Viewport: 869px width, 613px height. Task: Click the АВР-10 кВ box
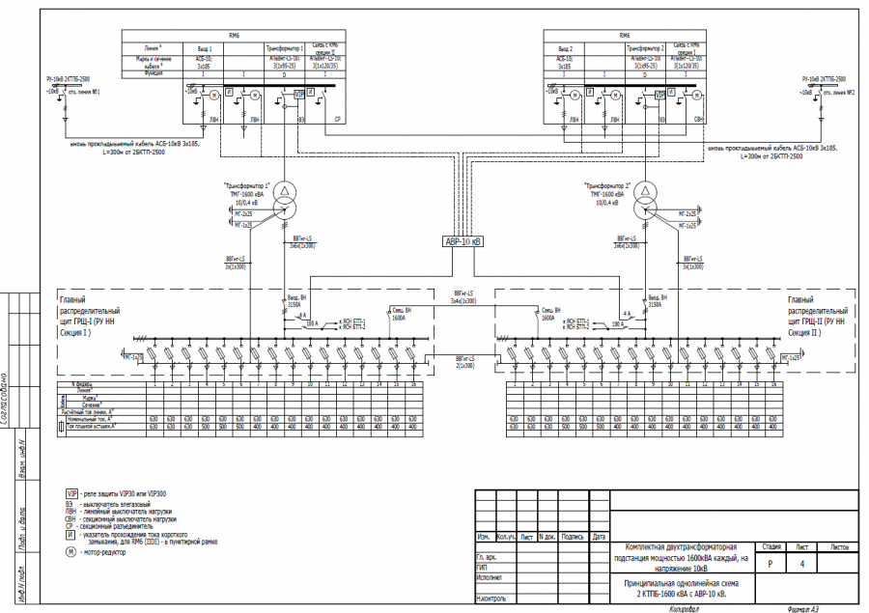point(463,242)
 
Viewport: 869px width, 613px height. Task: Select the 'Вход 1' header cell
point(203,47)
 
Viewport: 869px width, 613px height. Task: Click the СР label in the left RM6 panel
point(337,120)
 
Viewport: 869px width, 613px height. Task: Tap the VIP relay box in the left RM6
point(299,92)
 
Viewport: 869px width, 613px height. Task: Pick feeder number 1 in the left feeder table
point(153,383)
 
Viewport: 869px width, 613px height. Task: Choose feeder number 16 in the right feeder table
point(772,383)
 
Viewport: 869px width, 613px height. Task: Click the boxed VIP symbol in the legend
point(70,493)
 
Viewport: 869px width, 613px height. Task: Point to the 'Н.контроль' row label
point(492,599)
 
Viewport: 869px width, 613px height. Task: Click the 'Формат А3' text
point(802,609)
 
